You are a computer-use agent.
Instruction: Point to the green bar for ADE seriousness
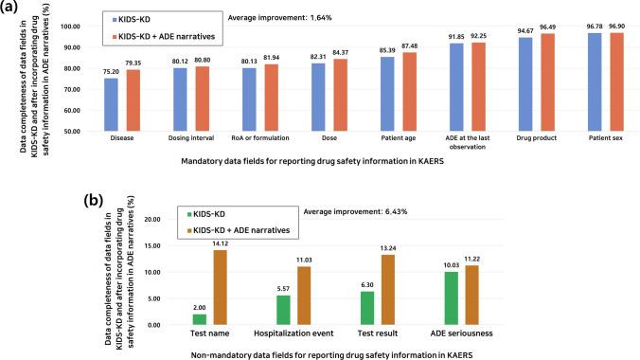(493, 298)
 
